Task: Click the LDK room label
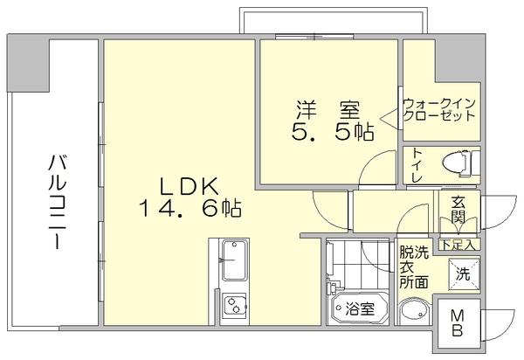[190, 186]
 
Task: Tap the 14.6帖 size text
[190, 208]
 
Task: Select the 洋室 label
[328, 110]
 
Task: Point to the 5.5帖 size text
[333, 131]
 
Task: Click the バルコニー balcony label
[57, 202]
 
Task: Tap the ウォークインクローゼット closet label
[439, 109]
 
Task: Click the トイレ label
[417, 165]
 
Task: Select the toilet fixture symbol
[460, 163]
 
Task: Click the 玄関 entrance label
[458, 210]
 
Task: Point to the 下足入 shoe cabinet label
[458, 245]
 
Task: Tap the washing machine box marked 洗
[464, 273]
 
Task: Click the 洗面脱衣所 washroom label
[414, 267]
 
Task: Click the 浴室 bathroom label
[360, 308]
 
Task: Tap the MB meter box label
[458, 323]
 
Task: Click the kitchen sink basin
[234, 260]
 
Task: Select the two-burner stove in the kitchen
[235, 305]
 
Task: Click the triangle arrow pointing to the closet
[390, 118]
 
